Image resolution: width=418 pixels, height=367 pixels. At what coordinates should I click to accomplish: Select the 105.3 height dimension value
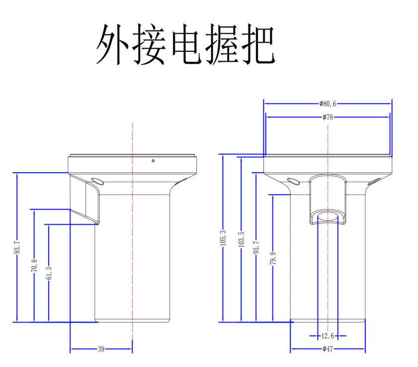[x=223, y=238]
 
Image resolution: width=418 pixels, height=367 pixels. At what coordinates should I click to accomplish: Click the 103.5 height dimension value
[x=241, y=240]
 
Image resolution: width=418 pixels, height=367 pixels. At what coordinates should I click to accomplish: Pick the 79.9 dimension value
[x=272, y=260]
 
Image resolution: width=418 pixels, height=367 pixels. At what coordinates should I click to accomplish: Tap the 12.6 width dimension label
[x=328, y=336]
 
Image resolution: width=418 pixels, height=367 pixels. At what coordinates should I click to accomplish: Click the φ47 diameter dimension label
[x=328, y=349]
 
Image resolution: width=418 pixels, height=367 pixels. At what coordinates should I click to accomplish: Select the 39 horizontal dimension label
[x=101, y=349]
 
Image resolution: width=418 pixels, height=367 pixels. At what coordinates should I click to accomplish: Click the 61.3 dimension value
[x=49, y=274]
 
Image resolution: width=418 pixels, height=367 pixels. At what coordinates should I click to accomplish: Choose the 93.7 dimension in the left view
[x=16, y=247]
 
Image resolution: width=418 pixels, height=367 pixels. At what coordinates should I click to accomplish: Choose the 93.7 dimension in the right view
[x=256, y=247]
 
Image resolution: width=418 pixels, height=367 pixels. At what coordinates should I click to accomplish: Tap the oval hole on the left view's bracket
[x=97, y=180]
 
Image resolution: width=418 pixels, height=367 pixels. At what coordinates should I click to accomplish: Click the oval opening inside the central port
[x=328, y=216]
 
